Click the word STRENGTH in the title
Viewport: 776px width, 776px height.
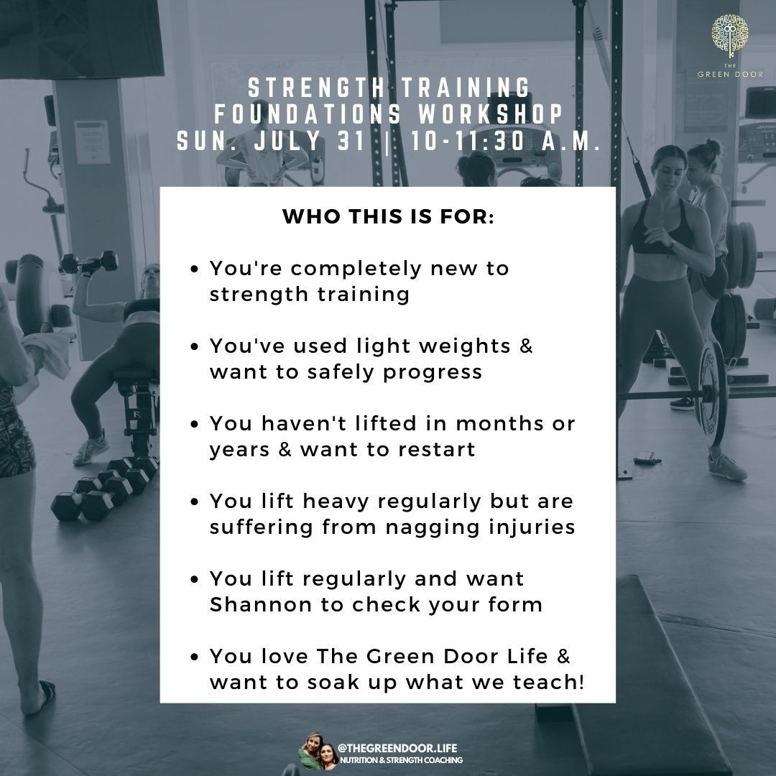pos(317,88)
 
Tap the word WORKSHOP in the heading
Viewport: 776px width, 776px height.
pos(491,114)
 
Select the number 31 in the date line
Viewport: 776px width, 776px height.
pos(351,141)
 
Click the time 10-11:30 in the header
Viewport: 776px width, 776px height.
pos(468,141)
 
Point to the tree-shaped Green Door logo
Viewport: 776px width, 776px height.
pos(730,36)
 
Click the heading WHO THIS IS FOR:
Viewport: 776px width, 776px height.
pos(388,216)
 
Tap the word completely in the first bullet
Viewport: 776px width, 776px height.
pos(356,269)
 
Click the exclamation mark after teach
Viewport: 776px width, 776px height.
pos(581,682)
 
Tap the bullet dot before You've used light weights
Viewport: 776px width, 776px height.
pos(195,346)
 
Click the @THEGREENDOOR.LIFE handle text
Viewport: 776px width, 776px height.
pos(397,748)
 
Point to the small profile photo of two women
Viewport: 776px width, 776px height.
pos(318,752)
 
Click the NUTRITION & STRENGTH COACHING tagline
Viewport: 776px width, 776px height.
pos(402,759)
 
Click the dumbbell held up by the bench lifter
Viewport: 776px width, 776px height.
pos(89,263)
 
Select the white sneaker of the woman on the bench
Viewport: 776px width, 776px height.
pos(91,448)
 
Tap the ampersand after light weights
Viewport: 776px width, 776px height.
pos(526,346)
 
